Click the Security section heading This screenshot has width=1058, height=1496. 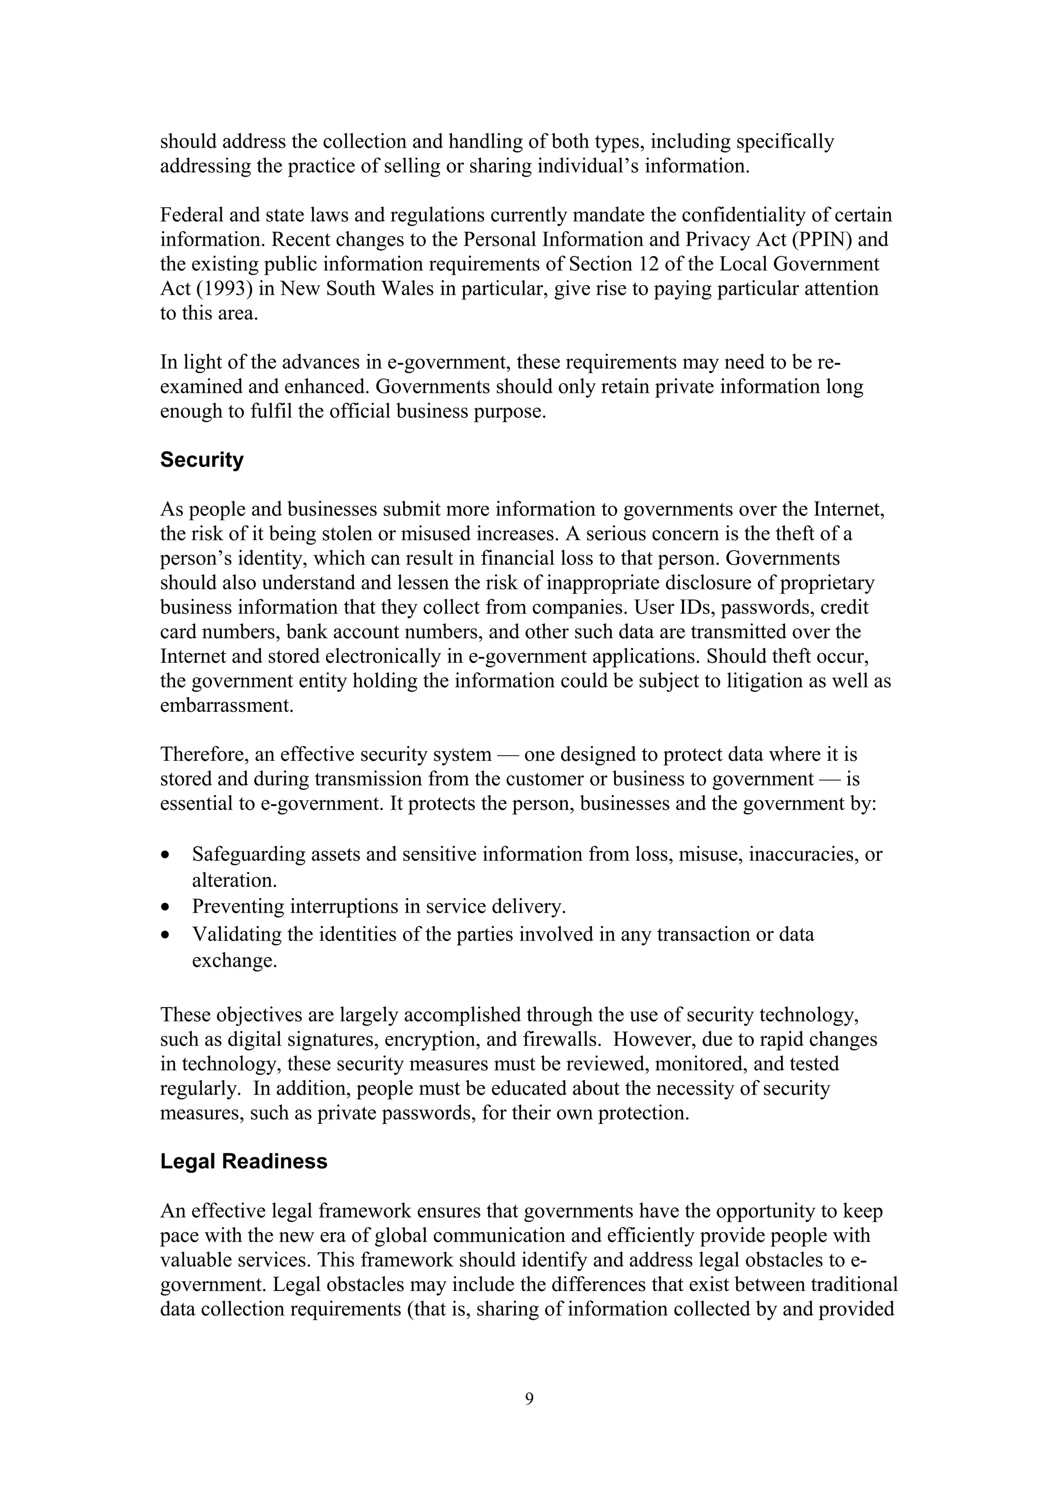tap(201, 460)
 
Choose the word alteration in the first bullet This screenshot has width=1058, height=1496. tap(234, 881)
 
